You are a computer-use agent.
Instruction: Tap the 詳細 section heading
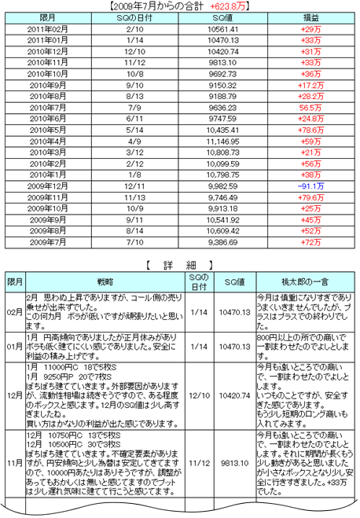coord(179,264)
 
